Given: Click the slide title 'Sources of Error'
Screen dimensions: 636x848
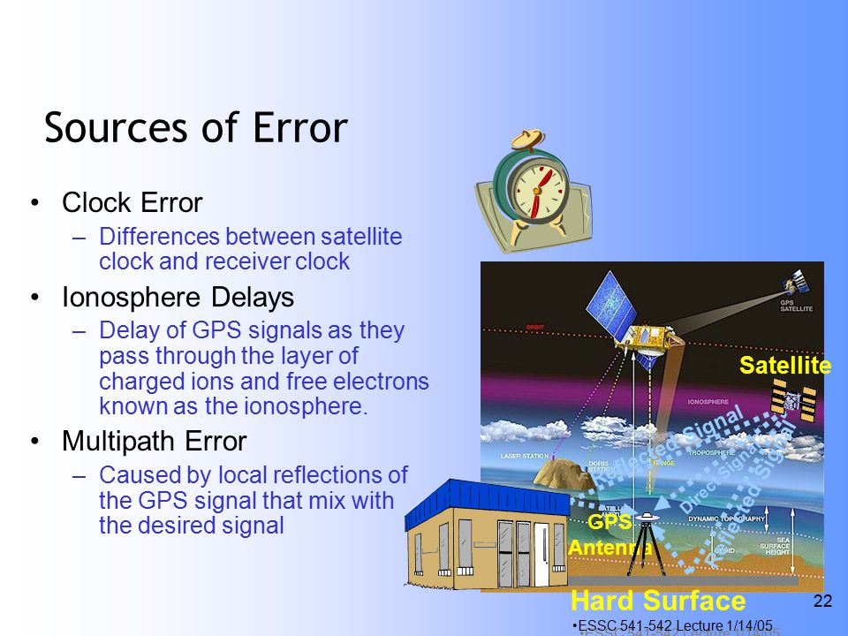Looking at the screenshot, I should tap(195, 127).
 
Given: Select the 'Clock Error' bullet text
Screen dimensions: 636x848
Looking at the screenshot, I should tap(132, 203).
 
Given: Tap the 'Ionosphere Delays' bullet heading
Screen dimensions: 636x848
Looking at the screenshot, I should tap(178, 298).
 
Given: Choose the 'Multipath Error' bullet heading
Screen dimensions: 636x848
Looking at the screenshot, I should tap(154, 440).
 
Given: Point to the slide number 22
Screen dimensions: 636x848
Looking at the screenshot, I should tap(821, 602).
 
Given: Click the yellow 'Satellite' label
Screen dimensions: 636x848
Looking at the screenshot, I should tap(784, 366).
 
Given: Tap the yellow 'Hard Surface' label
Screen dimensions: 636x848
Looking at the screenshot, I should tap(658, 602).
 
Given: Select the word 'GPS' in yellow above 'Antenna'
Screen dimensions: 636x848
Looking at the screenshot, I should tap(609, 522).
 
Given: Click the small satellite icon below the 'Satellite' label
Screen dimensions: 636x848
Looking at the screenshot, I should tap(793, 402).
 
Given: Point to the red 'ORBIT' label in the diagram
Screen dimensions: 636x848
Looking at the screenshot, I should tap(534, 326).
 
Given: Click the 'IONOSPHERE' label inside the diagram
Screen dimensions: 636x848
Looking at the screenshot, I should tap(706, 402).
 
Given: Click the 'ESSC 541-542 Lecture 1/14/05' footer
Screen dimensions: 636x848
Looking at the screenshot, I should tap(676, 625).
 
